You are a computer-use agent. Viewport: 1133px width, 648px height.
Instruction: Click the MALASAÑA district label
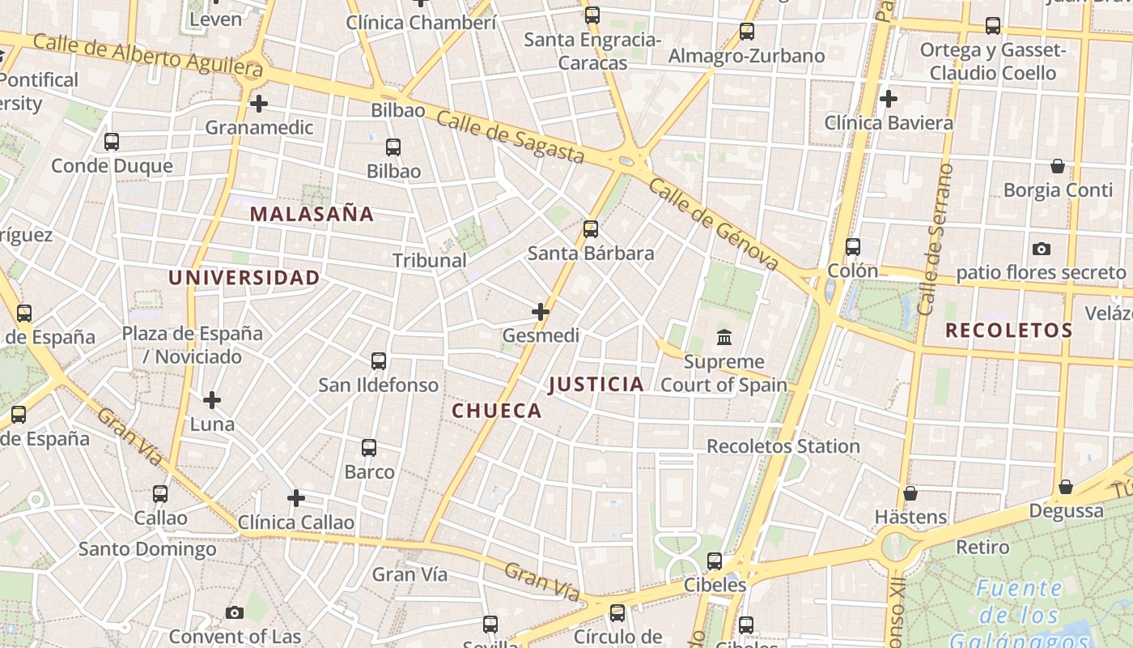click(x=312, y=215)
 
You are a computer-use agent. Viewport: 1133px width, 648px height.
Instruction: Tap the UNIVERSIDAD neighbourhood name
click(x=244, y=278)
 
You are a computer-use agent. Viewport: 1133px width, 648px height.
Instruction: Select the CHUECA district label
click(x=497, y=411)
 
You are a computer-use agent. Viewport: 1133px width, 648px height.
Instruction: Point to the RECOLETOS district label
click(x=1008, y=330)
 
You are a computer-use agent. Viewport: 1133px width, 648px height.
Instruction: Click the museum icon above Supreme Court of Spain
click(x=724, y=337)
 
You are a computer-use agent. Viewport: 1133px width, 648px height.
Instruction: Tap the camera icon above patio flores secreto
click(x=1042, y=249)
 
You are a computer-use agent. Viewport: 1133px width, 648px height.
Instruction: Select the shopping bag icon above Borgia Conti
click(x=1057, y=166)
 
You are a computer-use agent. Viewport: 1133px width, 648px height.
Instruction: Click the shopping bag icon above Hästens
click(x=910, y=493)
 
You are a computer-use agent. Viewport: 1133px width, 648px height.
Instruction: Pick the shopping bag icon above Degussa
click(x=1066, y=487)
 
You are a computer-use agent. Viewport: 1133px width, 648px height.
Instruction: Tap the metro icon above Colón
click(x=852, y=247)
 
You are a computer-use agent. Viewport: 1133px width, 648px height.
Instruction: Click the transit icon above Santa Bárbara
click(x=591, y=229)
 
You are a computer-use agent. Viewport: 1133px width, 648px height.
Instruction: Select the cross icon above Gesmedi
click(x=541, y=311)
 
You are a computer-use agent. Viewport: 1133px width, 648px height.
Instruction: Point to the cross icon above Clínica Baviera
click(x=889, y=99)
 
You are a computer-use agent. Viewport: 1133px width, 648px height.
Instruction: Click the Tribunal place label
click(x=430, y=261)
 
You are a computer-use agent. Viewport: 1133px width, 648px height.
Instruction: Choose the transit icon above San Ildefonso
click(x=378, y=361)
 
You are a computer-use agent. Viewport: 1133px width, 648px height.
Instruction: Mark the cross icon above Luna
click(x=212, y=399)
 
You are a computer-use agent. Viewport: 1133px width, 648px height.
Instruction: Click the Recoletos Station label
click(x=783, y=446)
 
